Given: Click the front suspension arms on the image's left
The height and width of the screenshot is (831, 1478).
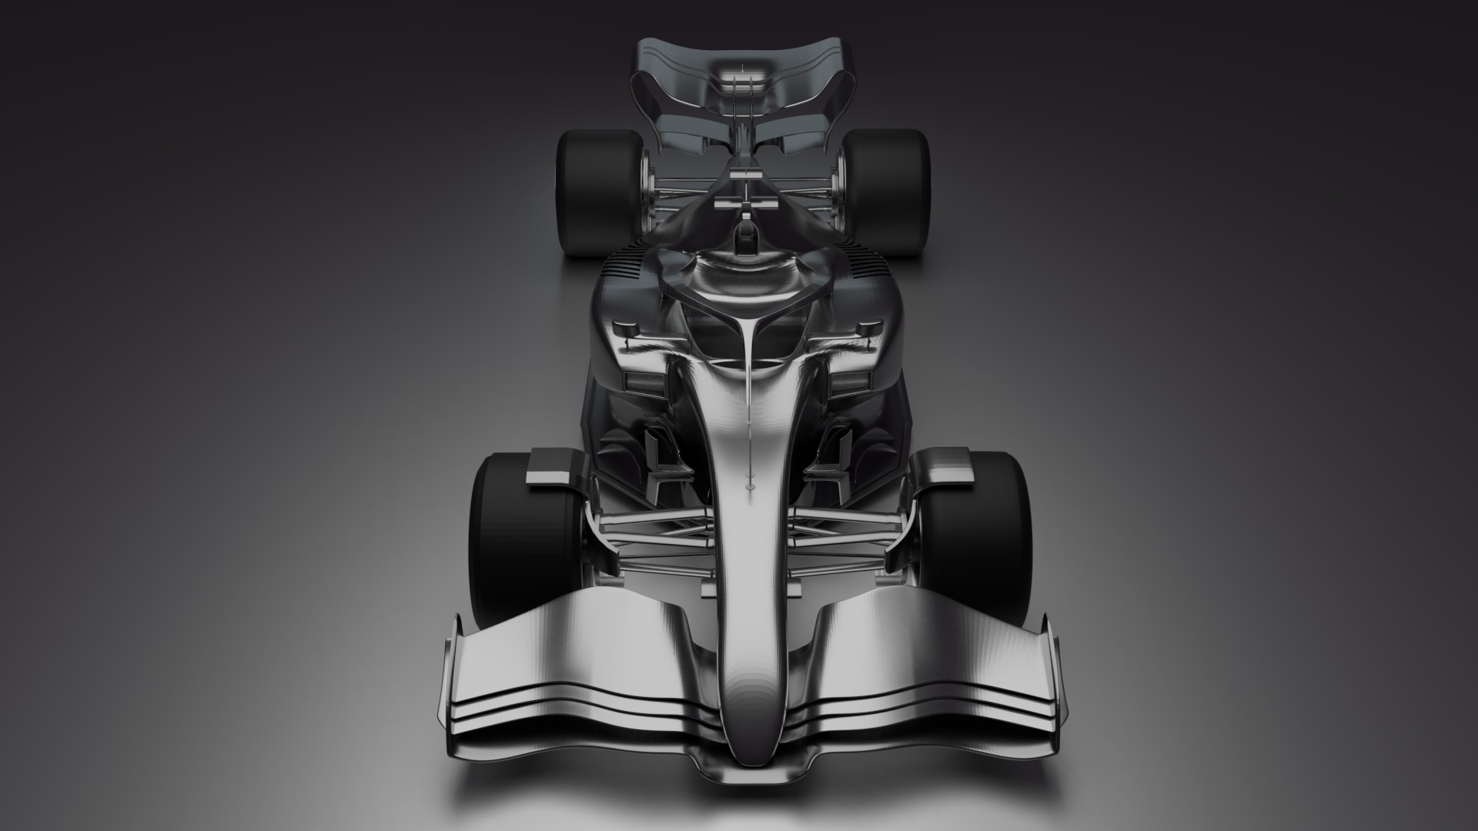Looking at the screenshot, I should tap(647, 531).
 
